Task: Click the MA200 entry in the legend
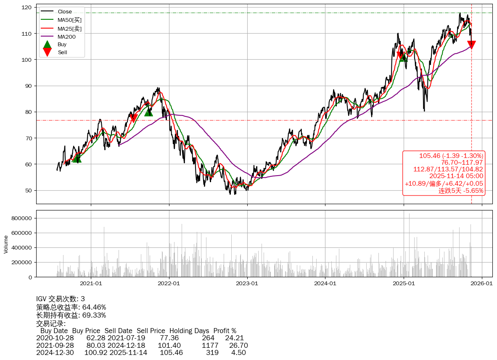click(x=66, y=37)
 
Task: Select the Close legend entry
click(x=64, y=11)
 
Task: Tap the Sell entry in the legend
click(x=62, y=53)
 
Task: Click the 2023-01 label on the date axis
click(x=247, y=284)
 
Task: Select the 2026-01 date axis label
click(x=481, y=284)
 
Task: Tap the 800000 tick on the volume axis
click(x=21, y=218)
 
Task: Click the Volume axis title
click(x=6, y=244)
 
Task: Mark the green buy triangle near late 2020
click(x=76, y=158)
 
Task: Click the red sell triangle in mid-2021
click(x=133, y=118)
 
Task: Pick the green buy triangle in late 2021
click(x=148, y=112)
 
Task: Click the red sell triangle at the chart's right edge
click(x=471, y=45)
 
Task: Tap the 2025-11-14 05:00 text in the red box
click(x=456, y=176)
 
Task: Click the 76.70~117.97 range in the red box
click(x=462, y=162)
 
